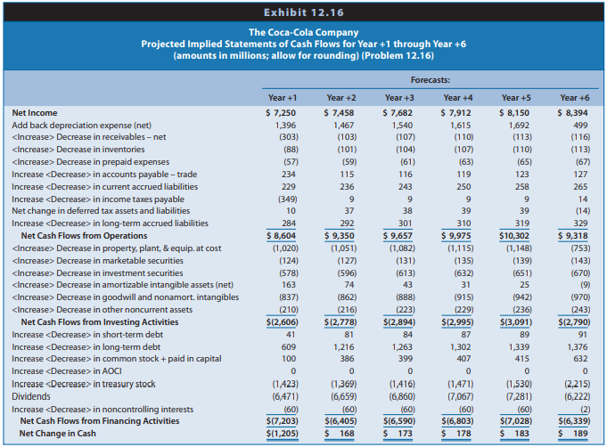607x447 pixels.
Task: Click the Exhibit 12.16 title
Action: [x=303, y=12]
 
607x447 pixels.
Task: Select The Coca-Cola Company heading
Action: [x=303, y=32]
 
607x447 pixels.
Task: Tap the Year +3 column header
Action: [x=399, y=98]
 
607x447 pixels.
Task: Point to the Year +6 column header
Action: [x=575, y=98]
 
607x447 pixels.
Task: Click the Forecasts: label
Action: [x=431, y=80]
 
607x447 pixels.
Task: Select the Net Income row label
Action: [x=35, y=113]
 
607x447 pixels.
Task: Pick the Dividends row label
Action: [x=31, y=396]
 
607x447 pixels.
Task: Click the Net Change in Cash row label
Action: [x=58, y=434]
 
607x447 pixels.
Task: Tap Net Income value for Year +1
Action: [x=281, y=113]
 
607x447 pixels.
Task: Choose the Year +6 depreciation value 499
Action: [x=580, y=126]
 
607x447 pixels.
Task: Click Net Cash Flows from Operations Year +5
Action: [x=514, y=236]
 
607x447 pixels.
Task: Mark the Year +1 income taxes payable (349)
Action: [x=289, y=199]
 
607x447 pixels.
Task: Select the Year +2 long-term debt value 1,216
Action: [x=344, y=347]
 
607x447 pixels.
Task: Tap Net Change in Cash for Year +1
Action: [x=283, y=434]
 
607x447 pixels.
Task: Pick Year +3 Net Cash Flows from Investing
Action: [x=399, y=322]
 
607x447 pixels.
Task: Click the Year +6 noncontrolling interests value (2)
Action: [x=586, y=409]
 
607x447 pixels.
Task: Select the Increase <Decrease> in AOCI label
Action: [x=67, y=371]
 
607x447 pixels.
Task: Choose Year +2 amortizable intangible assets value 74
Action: [x=349, y=285]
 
